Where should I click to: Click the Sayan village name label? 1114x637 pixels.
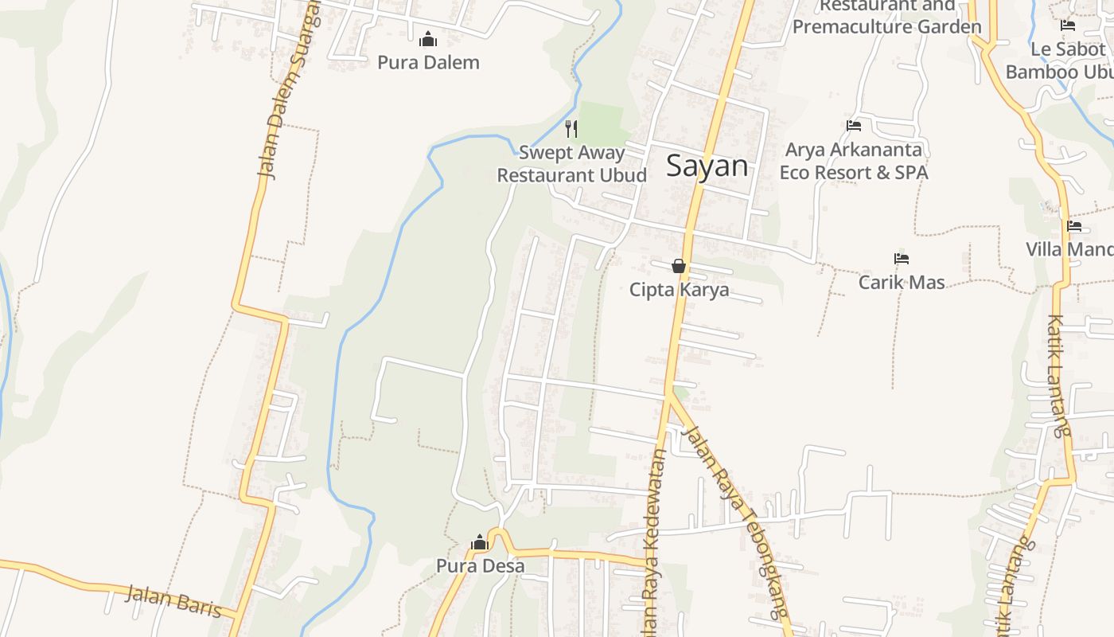[x=707, y=166]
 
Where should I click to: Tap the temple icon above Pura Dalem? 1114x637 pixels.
[x=428, y=38]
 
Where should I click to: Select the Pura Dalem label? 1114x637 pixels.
[x=428, y=62]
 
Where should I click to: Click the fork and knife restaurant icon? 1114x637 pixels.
[x=571, y=128]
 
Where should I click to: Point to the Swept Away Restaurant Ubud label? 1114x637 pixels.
[x=571, y=163]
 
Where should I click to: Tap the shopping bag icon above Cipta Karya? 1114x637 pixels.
[x=679, y=265]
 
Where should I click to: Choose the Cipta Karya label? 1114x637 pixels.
[x=679, y=289]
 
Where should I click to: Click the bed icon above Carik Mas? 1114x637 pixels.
[x=902, y=259]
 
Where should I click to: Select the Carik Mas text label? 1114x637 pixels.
[x=902, y=282]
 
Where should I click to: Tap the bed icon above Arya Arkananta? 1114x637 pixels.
[x=854, y=126]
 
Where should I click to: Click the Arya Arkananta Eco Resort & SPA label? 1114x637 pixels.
[x=854, y=161]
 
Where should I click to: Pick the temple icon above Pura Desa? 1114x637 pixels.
[x=479, y=543]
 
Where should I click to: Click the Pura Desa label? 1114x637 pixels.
[x=480, y=566]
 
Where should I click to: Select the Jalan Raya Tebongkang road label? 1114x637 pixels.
[x=737, y=522]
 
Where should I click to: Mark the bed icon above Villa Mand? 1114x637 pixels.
[x=1074, y=226]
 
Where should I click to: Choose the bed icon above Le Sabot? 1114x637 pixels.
[x=1068, y=25]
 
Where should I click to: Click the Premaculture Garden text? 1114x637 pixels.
[x=887, y=26]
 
